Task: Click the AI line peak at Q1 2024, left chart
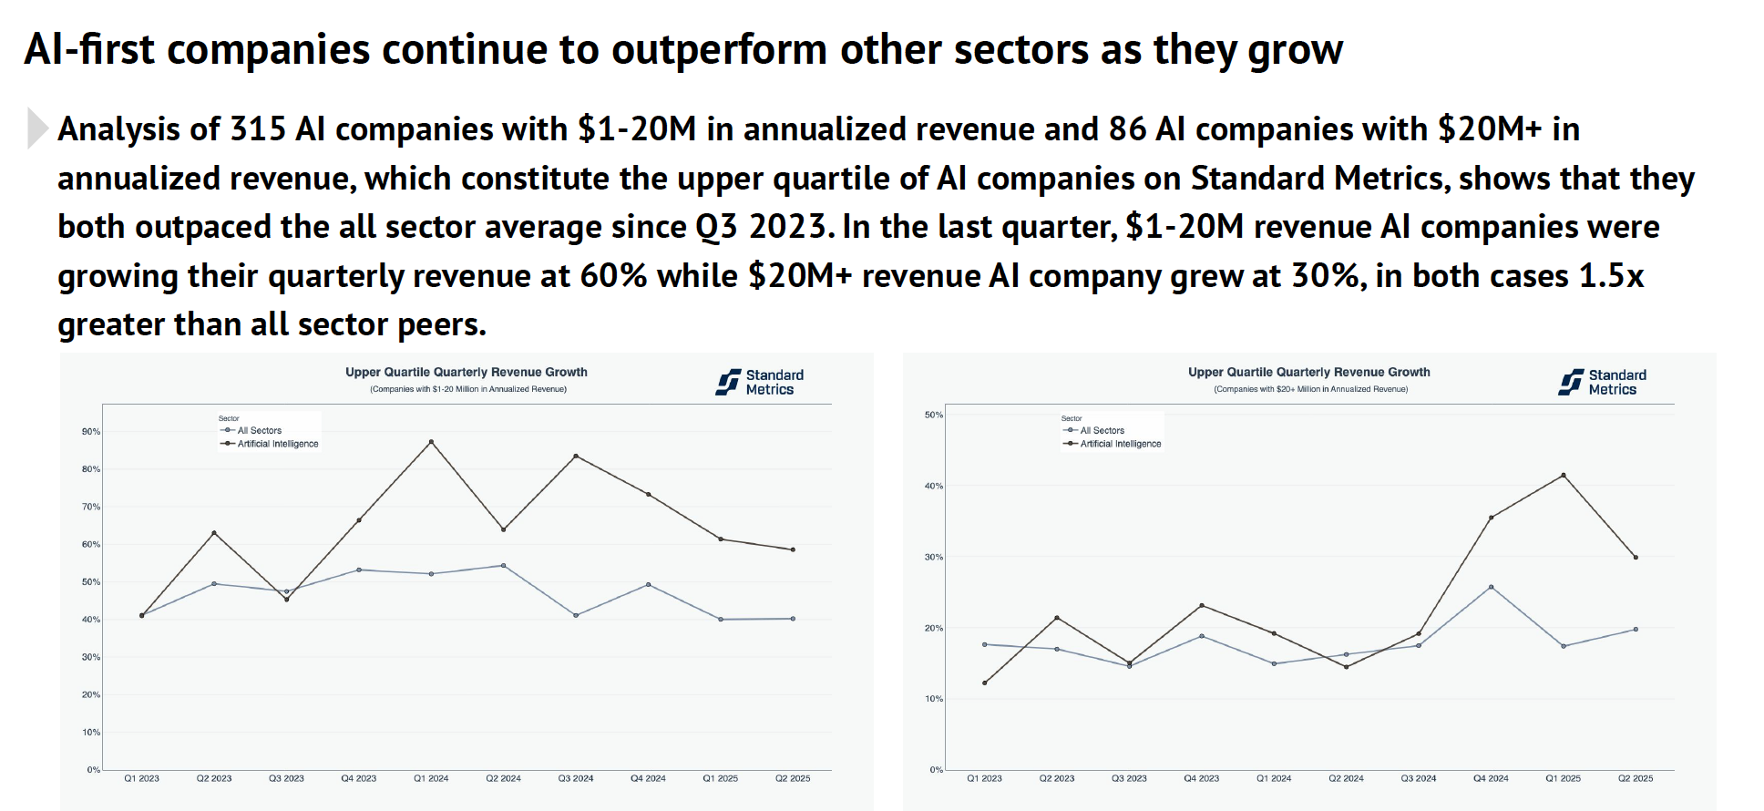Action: [431, 442]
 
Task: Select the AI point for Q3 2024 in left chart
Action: [576, 456]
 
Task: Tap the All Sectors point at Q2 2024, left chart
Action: [503, 566]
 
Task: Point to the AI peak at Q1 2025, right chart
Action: [1564, 475]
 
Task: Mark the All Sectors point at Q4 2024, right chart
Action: [1491, 587]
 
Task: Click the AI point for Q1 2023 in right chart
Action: [985, 683]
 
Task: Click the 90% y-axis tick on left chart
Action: [91, 432]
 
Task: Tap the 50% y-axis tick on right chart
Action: [934, 415]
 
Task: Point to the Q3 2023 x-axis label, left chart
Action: [286, 778]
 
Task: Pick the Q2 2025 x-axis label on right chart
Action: [1636, 778]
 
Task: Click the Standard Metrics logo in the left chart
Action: [760, 382]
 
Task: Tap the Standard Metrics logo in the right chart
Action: [1603, 382]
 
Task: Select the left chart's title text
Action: [466, 372]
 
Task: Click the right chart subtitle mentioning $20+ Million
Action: [1310, 389]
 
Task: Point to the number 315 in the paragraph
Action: [258, 129]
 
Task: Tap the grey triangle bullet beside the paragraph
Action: [36, 128]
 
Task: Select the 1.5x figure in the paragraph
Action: [1610, 276]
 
